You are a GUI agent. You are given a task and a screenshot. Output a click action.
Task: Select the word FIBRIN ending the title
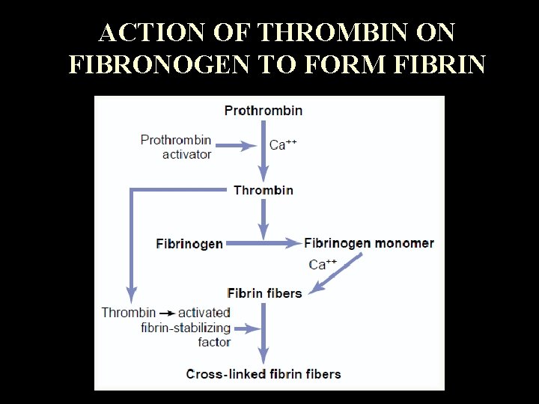(x=442, y=65)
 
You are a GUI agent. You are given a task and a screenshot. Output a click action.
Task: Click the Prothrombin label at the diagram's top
(x=264, y=111)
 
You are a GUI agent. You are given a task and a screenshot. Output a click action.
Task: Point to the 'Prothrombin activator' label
(x=177, y=147)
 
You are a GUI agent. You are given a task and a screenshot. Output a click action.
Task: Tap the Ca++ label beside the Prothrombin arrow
(x=283, y=145)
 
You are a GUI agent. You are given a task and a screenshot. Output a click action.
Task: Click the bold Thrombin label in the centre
(x=264, y=190)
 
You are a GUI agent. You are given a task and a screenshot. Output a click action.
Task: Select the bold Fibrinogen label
(x=189, y=243)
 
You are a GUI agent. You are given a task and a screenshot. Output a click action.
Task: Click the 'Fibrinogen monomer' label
(x=369, y=242)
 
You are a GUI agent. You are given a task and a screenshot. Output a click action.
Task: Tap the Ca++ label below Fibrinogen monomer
(x=323, y=263)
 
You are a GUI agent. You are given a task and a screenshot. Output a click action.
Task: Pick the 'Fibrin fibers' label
(x=264, y=293)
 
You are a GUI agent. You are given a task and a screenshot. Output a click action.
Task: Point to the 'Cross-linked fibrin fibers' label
(x=264, y=373)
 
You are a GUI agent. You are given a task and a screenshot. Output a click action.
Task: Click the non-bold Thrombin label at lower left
(x=129, y=313)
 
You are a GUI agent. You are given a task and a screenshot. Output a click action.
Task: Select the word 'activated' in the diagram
(x=204, y=313)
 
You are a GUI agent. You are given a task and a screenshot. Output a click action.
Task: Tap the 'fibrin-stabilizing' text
(x=186, y=327)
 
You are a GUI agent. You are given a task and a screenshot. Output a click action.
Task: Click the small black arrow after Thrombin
(x=166, y=313)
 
